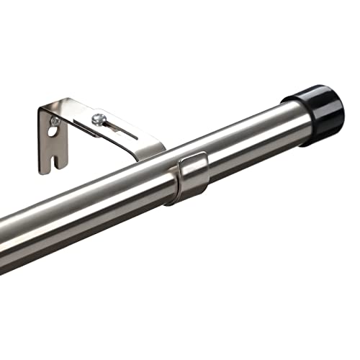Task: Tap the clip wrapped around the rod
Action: pyautogui.click(x=188, y=177)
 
